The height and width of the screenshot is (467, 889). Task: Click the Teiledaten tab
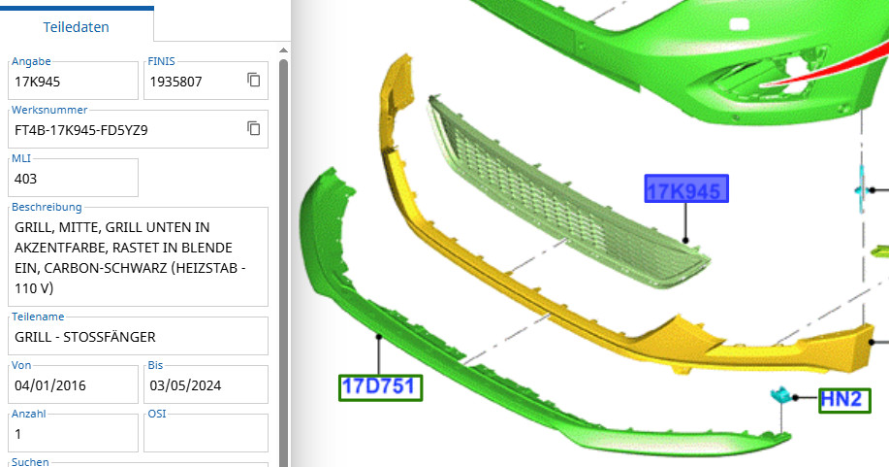pos(76,27)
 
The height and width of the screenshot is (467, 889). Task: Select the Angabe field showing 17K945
pos(73,81)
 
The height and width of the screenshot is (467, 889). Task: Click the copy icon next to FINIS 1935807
pos(253,81)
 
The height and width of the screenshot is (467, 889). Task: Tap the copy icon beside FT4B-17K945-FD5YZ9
pos(253,128)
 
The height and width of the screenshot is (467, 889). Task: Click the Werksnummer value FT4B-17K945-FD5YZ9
pos(81,130)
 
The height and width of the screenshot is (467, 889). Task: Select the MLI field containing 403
pos(73,178)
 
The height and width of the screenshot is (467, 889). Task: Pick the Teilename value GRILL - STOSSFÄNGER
pos(85,337)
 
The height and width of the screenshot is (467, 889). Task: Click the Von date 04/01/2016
pos(50,385)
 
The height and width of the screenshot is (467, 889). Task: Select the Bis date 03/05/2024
pos(185,385)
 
